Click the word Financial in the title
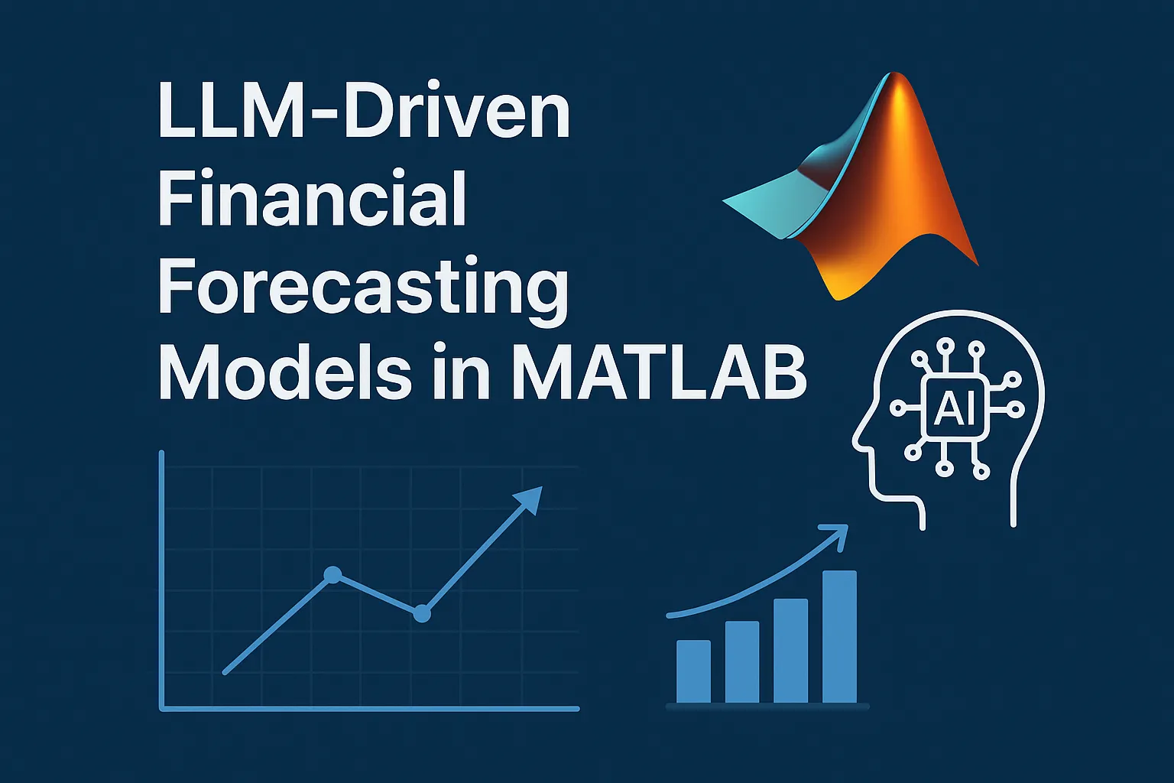pos(312,198)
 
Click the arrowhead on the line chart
pos(529,499)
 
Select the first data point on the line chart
pos(332,575)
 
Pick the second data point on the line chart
pos(422,612)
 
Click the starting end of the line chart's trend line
pos(225,672)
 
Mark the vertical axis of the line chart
pos(162,581)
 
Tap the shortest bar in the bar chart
pos(693,671)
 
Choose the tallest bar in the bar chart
pos(839,636)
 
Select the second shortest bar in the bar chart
pos(741,661)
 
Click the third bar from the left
pos(790,650)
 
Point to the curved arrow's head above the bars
pos(838,531)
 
